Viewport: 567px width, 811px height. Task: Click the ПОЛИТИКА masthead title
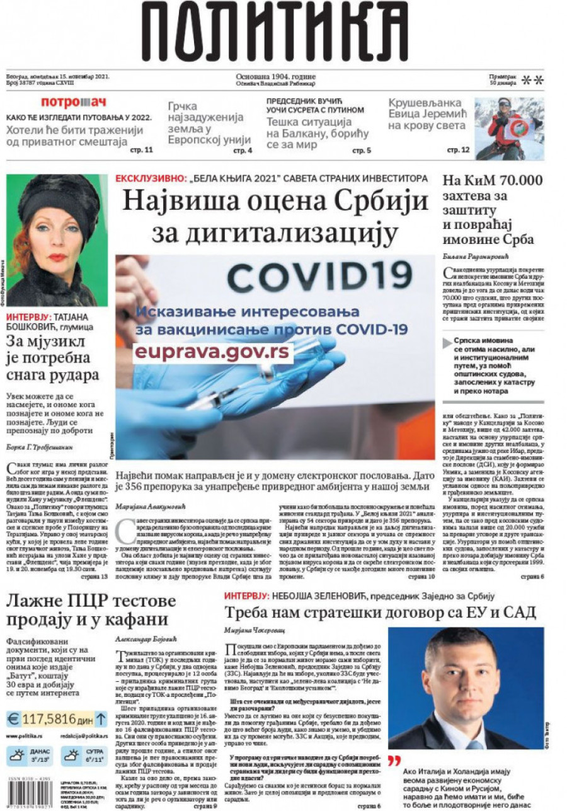click(x=275, y=32)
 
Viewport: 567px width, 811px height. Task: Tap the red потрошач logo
click(x=74, y=102)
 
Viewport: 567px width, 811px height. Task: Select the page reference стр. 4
click(x=243, y=151)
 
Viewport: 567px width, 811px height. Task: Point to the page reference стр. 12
click(x=458, y=150)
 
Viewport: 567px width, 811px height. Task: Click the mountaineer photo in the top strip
click(x=509, y=128)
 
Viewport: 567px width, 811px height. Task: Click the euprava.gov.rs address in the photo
click(x=212, y=351)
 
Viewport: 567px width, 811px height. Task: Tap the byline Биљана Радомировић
click(x=470, y=257)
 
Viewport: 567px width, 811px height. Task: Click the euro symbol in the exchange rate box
click(x=13, y=719)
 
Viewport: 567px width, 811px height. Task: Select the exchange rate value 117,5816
click(x=50, y=719)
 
